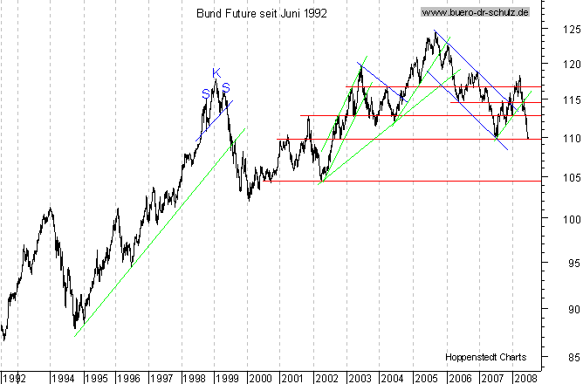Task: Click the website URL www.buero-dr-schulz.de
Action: coord(475,12)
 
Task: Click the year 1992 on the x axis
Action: coord(15,378)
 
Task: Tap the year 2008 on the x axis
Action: coord(525,378)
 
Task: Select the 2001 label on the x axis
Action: coord(292,378)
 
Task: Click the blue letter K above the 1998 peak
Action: coord(216,72)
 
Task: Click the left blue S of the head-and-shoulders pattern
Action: coord(206,93)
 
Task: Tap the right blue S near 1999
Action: coord(226,86)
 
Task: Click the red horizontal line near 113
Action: coord(393,115)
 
